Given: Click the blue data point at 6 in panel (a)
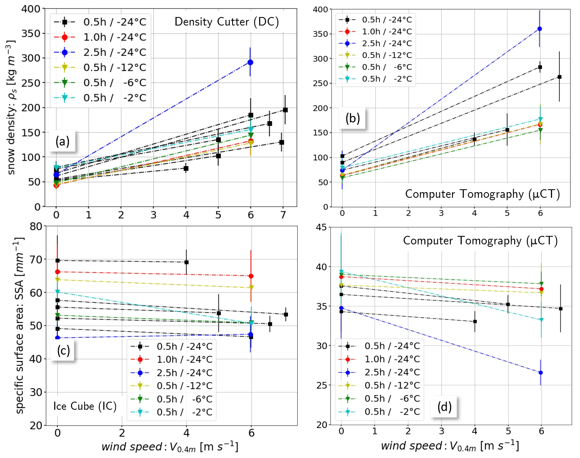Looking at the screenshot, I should coord(250,62).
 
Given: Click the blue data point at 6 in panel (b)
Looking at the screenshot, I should coord(539,29).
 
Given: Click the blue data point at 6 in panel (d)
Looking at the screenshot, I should coord(540,372).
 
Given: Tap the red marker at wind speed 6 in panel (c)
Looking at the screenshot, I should coord(251,276).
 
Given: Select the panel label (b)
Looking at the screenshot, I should coord(352,118).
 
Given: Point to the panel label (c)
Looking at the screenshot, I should coord(64,350).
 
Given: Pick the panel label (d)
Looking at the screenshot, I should coord(444,406).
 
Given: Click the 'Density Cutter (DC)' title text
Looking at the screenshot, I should coord(226,22).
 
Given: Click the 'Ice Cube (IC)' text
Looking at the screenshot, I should coord(85,406).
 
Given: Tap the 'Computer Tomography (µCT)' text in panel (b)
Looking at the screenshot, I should coord(482,194).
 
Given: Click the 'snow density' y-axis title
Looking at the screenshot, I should coord(11,107).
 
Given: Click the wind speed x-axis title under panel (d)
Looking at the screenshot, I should coord(450,446).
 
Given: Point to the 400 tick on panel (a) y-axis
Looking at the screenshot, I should coord(31,9).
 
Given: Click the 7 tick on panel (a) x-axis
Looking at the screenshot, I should coord(283,215).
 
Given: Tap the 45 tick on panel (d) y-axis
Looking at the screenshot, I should coord(321,227).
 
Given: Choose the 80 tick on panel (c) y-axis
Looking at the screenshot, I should coord(36,226).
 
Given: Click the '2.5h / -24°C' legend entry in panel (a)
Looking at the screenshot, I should coord(115,52).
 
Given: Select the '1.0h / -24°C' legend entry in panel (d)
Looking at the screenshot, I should coord(392,359).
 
